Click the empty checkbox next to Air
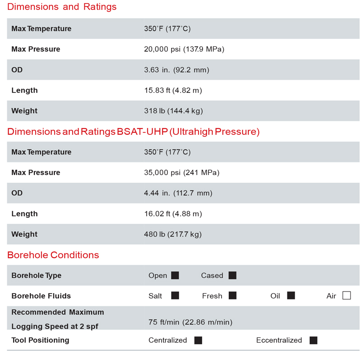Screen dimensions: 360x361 (347, 296)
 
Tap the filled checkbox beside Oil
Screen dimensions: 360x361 (291, 296)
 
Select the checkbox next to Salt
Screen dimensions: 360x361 (175, 296)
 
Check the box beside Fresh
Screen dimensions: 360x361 (232, 296)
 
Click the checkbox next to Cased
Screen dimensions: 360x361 (232, 275)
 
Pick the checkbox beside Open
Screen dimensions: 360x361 (175, 275)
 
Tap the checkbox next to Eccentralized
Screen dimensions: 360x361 (314, 340)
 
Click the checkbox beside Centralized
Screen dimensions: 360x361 (198, 340)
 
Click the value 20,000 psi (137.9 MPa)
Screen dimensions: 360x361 (184, 49)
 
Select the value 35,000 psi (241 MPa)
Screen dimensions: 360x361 (182, 172)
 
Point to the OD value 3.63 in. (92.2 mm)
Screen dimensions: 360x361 (176, 70)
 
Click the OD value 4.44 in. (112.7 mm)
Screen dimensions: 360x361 (178, 193)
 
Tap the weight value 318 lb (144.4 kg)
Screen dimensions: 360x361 (173, 111)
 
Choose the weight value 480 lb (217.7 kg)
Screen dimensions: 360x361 (173, 234)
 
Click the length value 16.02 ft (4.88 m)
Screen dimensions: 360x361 (173, 214)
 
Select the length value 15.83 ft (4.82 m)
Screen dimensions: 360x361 (173, 90)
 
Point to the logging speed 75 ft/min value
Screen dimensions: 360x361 (190, 322)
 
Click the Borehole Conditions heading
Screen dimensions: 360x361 (53, 255)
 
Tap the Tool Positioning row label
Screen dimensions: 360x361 (40, 340)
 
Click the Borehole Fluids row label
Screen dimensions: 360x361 (41, 296)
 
